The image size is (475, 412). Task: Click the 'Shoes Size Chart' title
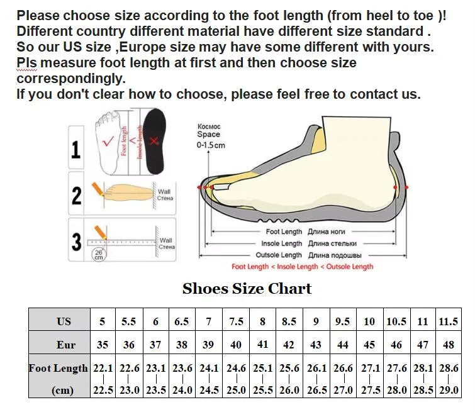247,289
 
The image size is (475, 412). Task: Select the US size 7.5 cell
236,321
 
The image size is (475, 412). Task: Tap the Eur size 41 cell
263,345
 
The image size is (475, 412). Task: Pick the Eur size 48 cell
448,345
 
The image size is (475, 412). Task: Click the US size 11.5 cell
448,321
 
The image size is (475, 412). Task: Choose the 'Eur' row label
65,345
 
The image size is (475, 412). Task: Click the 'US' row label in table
64,321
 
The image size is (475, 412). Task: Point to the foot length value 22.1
103,369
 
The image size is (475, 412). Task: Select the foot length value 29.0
448,390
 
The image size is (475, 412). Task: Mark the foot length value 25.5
263,390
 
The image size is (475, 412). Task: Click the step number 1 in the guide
76,150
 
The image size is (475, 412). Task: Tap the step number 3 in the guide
76,242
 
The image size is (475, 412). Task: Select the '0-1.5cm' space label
211,145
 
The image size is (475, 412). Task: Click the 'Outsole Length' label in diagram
279,255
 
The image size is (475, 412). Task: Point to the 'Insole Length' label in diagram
282,243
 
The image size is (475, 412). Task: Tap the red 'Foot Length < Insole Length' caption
302,267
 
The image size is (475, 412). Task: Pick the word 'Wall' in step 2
164,192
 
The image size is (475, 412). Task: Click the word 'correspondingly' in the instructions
70,79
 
